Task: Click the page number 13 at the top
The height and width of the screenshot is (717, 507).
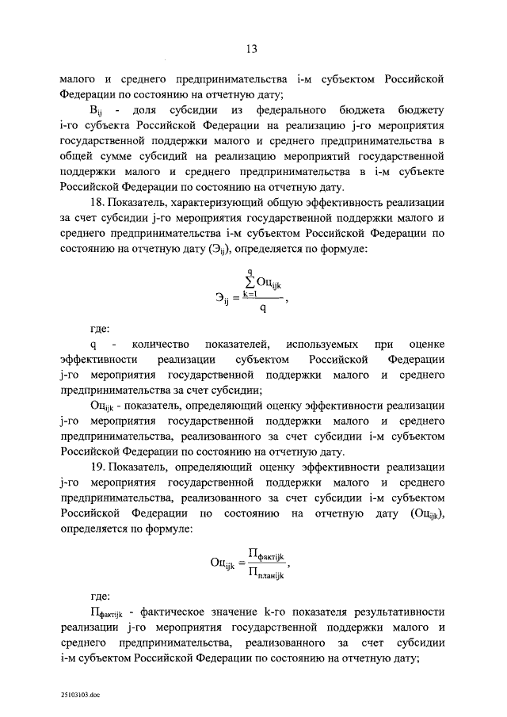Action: point(252,49)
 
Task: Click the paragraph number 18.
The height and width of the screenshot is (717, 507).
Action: point(97,204)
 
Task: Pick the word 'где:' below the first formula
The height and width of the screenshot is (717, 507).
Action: point(100,327)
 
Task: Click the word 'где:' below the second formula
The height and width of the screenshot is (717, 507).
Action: point(100,594)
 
